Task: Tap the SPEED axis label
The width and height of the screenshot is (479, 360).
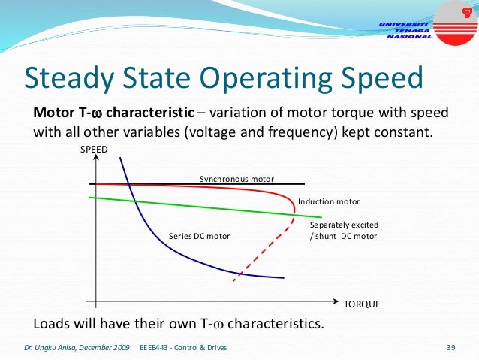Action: pyautogui.click(x=94, y=150)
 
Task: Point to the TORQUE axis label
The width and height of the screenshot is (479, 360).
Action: pyautogui.click(x=362, y=304)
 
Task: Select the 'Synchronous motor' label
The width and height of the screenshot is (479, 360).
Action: pyautogui.click(x=236, y=179)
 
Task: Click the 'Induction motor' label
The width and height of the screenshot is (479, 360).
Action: pyautogui.click(x=329, y=202)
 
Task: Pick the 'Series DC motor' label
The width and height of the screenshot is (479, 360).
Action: pyautogui.click(x=199, y=236)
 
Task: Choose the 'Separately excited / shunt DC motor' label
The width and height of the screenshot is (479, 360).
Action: pyautogui.click(x=344, y=231)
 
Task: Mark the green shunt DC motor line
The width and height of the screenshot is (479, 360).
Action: pyautogui.click(x=188, y=206)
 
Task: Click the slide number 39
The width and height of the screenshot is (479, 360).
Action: pyautogui.click(x=451, y=348)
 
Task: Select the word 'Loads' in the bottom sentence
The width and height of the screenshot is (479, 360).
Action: pyautogui.click(x=52, y=325)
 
